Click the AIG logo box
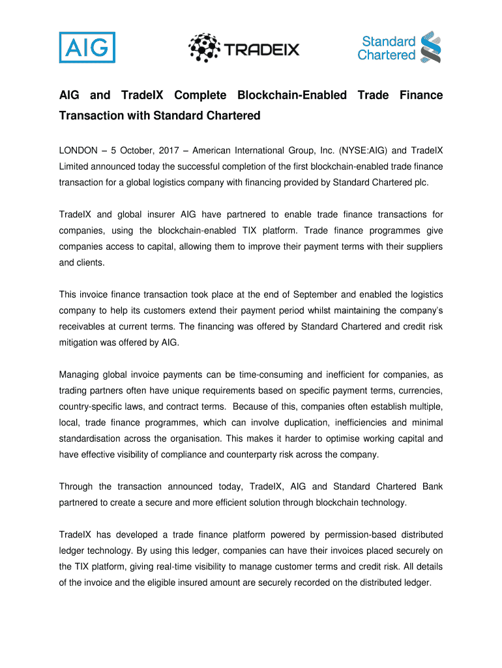(87, 47)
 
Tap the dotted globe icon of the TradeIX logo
(205, 47)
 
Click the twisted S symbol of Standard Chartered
(430, 47)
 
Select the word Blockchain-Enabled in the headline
(292, 96)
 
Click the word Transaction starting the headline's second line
(92, 116)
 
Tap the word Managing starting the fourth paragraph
(80, 374)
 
